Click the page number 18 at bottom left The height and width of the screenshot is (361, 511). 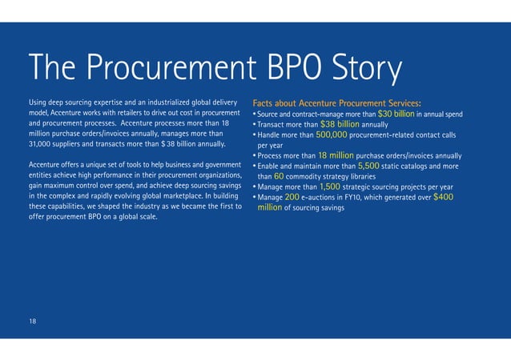[33, 321]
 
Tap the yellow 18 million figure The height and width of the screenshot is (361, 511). [341, 155]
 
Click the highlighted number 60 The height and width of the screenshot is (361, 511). [279, 176]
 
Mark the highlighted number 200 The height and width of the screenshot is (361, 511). [292, 197]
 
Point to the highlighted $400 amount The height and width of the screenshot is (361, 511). [442, 197]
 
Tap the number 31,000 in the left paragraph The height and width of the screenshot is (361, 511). [41, 144]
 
